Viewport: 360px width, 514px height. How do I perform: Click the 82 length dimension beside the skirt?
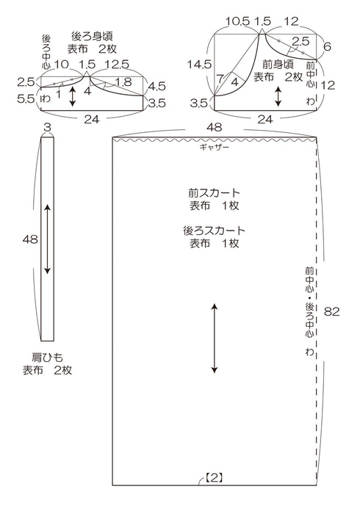pos(332,311)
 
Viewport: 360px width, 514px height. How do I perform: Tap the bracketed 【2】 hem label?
pos(215,477)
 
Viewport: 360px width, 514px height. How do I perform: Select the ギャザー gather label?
pos(215,147)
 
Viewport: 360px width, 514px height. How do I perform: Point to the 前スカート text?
pos(214,192)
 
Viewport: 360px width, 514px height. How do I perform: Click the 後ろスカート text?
pos(214,231)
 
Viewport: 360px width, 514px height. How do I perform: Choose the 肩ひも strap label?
pos(47,357)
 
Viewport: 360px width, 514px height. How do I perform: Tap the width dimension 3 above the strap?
pos(48,128)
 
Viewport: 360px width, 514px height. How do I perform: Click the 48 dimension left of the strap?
pos(30,239)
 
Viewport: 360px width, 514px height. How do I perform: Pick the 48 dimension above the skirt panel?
pos(214,127)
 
